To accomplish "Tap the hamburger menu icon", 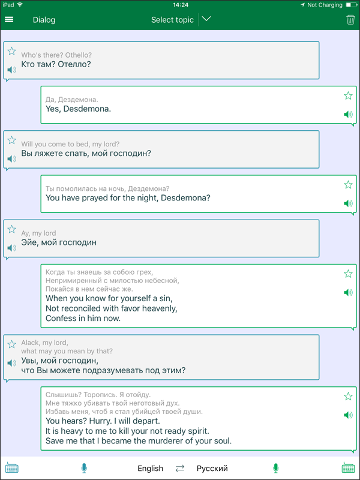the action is pos(9,20).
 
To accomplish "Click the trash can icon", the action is pos(350,20).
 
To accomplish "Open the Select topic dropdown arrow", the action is pos(206,19).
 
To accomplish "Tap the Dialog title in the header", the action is pos(44,20).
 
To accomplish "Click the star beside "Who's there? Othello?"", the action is pos(11,51).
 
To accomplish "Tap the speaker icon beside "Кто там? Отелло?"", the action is pos(11,70).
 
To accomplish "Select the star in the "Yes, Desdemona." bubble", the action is pos(348,96).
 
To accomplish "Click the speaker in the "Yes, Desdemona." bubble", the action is pos(348,115).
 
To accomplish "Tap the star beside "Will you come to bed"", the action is pos(11,140).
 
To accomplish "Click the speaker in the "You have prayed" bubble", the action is pos(348,203).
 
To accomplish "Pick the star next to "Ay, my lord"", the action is pos(11,229).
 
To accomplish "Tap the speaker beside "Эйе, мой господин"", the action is pos(11,248).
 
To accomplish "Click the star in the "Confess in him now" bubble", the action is pos(348,274).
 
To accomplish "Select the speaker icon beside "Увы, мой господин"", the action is pos(11,363).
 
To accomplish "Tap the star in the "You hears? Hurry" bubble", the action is pos(348,397).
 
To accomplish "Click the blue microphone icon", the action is pos(84,468).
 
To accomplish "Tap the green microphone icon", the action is pos(276,468).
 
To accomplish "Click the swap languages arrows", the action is pos(180,469).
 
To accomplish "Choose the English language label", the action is pos(151,469).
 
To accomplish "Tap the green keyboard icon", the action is pos(348,468).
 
